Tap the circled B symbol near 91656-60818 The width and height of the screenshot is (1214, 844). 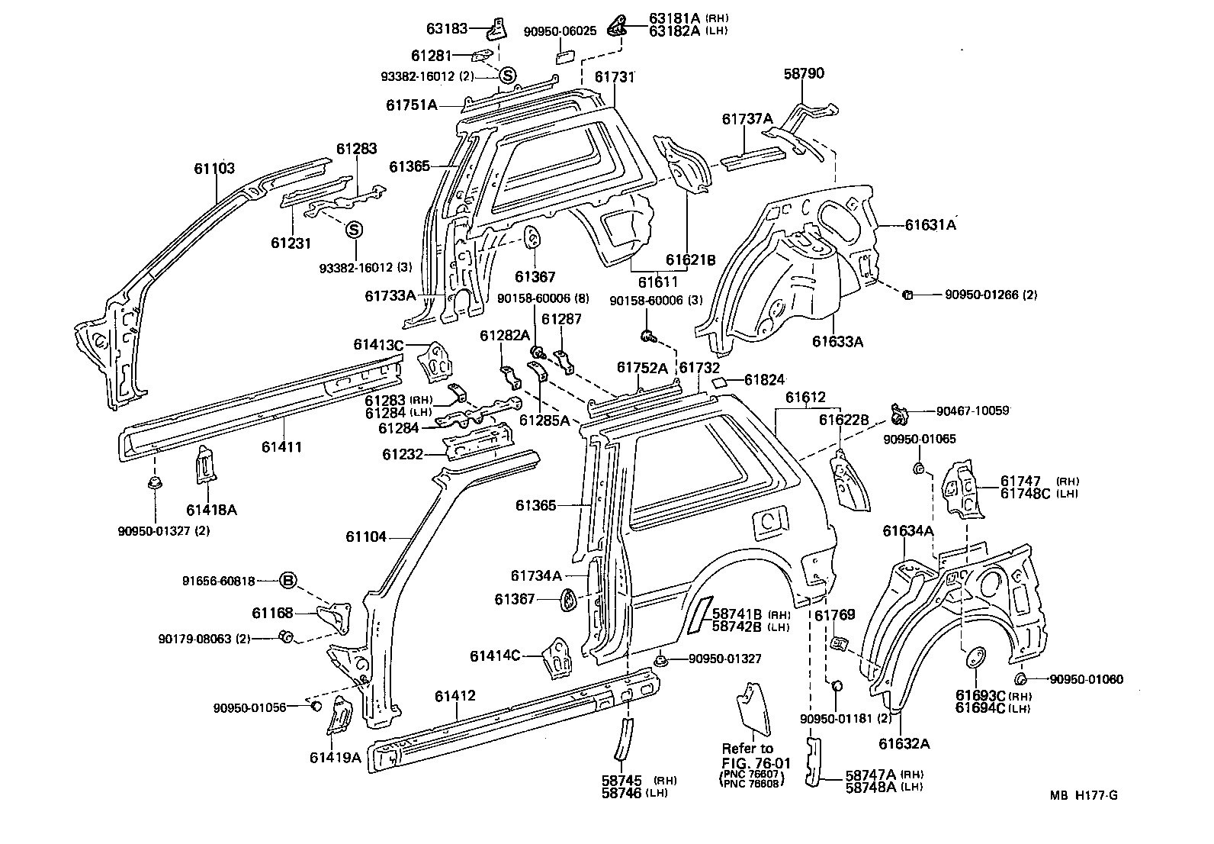point(287,581)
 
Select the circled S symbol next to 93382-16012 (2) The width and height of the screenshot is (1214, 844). point(508,75)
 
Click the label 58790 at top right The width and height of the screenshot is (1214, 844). point(804,74)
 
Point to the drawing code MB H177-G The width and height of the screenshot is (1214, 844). point(1083,795)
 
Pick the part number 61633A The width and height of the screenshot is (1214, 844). point(837,342)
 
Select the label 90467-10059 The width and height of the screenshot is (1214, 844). point(972,411)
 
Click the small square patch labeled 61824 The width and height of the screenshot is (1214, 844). point(719,380)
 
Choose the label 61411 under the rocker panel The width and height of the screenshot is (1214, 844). point(281,447)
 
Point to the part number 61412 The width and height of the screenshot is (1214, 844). point(455,696)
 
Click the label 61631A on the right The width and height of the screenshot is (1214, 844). point(930,224)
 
